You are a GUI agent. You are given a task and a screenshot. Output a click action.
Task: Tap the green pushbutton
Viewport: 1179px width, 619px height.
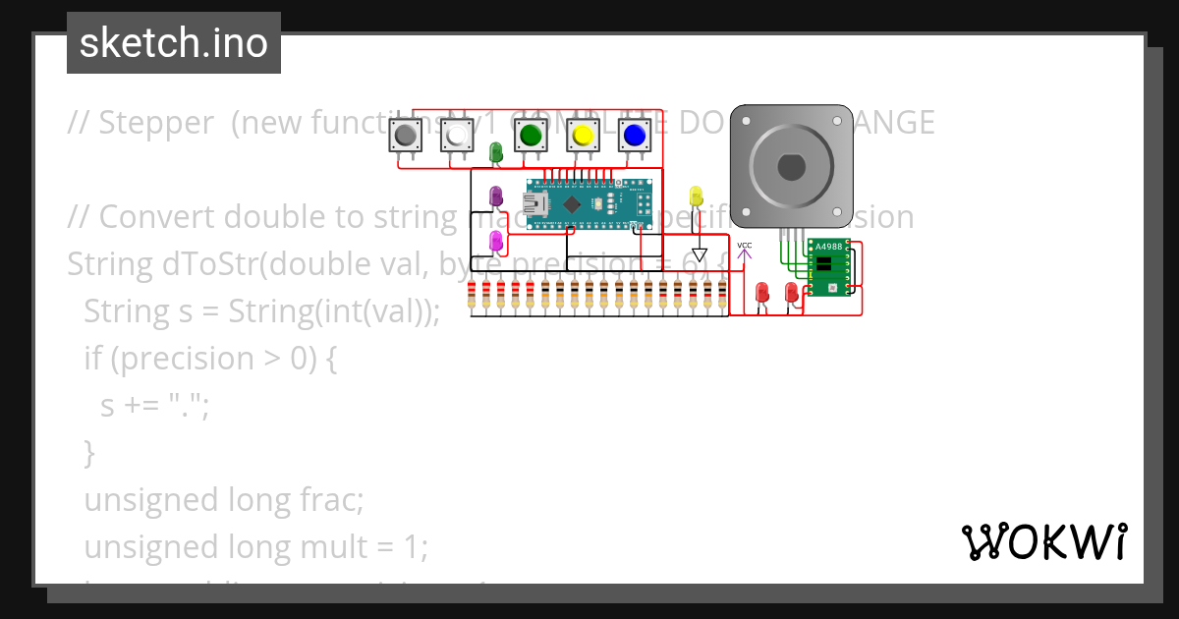point(531,135)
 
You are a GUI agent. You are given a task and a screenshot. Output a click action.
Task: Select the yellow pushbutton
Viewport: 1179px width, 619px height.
point(583,135)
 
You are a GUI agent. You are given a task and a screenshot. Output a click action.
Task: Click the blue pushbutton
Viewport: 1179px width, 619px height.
point(635,135)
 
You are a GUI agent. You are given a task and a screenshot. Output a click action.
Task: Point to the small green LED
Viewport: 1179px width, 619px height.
point(496,151)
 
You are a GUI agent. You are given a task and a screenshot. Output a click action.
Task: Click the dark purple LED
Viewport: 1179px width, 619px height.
point(496,196)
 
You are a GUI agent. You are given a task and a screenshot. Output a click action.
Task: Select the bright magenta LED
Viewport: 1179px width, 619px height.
point(496,240)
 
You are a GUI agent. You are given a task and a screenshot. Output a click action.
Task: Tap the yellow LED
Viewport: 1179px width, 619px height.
point(697,195)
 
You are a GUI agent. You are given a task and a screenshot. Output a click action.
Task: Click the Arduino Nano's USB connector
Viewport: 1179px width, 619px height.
point(536,204)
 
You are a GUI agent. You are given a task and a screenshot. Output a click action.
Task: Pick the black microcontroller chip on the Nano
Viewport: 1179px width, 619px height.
point(573,203)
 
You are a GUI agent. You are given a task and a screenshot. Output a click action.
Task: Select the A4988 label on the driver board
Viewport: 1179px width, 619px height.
point(828,246)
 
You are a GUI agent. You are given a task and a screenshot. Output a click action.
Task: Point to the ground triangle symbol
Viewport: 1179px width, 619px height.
point(699,255)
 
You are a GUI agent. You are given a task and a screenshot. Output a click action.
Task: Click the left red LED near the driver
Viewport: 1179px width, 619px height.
point(761,292)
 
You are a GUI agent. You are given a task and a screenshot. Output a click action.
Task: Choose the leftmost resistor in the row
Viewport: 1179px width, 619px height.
point(473,294)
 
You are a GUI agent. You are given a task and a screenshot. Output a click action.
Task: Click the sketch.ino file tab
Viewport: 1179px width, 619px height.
point(174,43)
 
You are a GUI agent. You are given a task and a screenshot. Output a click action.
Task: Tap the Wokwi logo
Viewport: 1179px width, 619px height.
point(1043,541)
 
